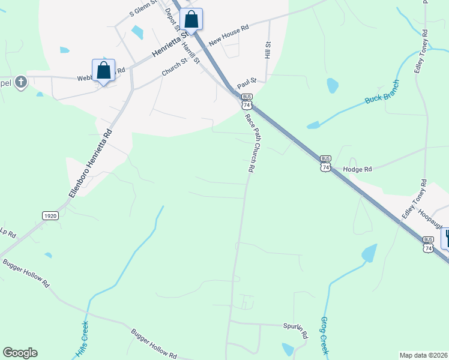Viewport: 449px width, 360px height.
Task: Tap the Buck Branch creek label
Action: (x=382, y=92)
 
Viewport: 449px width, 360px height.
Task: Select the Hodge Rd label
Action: (x=358, y=170)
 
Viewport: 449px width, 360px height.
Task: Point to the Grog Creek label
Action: (x=324, y=335)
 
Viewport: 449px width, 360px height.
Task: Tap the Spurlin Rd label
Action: (x=295, y=329)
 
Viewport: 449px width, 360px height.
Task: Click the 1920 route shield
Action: (x=50, y=215)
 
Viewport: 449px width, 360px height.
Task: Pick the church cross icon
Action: (x=20, y=82)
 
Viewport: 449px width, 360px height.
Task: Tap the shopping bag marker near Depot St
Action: (x=191, y=19)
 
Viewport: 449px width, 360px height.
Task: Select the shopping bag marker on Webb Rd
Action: (x=103, y=70)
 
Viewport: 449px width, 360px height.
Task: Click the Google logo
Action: (x=20, y=353)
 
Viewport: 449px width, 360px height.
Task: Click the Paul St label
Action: (x=247, y=80)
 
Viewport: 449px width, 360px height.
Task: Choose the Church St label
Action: (x=175, y=67)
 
